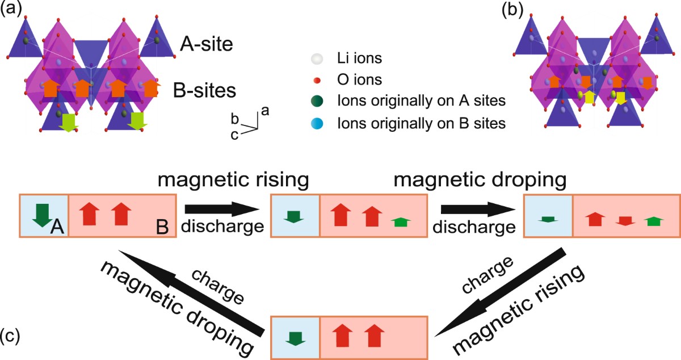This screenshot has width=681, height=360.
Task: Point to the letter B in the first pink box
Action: (162, 229)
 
